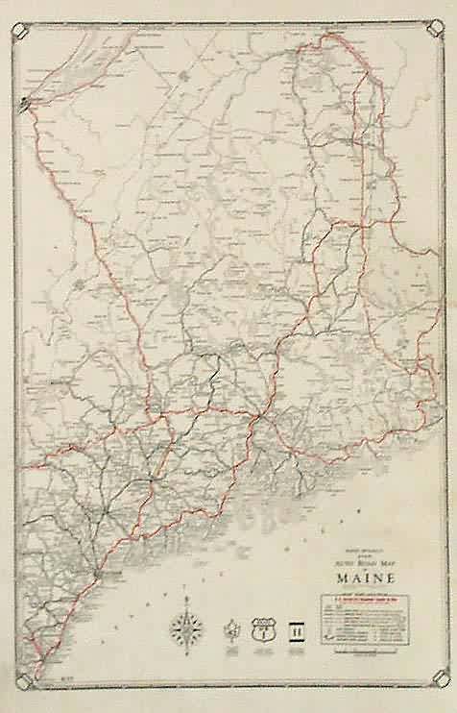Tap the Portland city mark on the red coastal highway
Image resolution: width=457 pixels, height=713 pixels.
coord(98,574)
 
